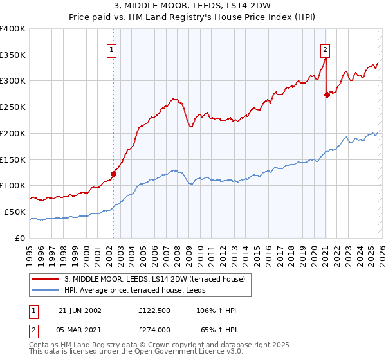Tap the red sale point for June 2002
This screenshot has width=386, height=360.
tap(114, 173)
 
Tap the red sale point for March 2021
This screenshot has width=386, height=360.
tap(327, 94)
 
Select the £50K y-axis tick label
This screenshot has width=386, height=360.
tap(15, 212)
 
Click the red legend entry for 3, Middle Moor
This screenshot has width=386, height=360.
tap(154, 279)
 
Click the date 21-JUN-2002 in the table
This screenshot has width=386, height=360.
tap(80, 310)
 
